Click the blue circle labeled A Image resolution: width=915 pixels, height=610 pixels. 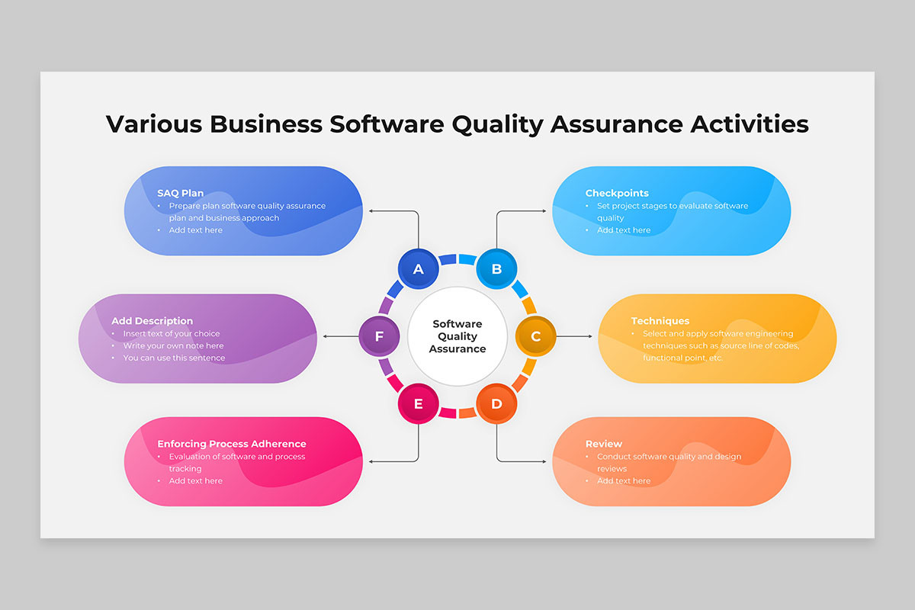click(x=419, y=269)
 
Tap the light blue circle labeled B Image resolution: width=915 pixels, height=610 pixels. click(x=496, y=269)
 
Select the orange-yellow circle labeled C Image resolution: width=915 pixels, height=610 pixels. click(x=535, y=336)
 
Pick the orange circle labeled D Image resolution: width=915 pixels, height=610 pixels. click(x=496, y=403)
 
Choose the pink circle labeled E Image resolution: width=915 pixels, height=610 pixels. click(x=419, y=403)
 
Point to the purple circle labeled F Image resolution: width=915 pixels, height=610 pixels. click(x=379, y=336)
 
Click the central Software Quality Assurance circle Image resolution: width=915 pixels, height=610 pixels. click(x=457, y=336)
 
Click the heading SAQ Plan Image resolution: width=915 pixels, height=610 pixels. click(x=180, y=193)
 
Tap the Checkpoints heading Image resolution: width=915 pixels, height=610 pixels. click(x=617, y=193)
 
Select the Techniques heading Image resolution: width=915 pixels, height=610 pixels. click(x=660, y=321)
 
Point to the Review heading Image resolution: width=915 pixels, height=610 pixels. click(x=604, y=444)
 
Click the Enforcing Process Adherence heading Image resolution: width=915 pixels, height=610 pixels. click(x=232, y=444)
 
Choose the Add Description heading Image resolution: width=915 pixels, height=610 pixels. click(x=152, y=321)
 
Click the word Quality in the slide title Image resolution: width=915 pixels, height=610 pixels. click(x=497, y=125)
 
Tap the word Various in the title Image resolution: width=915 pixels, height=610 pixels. click(x=154, y=124)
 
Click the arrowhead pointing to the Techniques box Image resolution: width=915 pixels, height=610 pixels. click(x=590, y=336)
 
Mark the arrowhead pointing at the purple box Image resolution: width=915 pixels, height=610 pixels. click(x=325, y=336)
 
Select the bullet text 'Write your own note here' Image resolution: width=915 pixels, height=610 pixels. click(x=173, y=345)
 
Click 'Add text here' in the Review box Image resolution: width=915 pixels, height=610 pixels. click(x=624, y=481)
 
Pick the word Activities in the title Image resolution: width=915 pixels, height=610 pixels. click(x=750, y=124)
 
